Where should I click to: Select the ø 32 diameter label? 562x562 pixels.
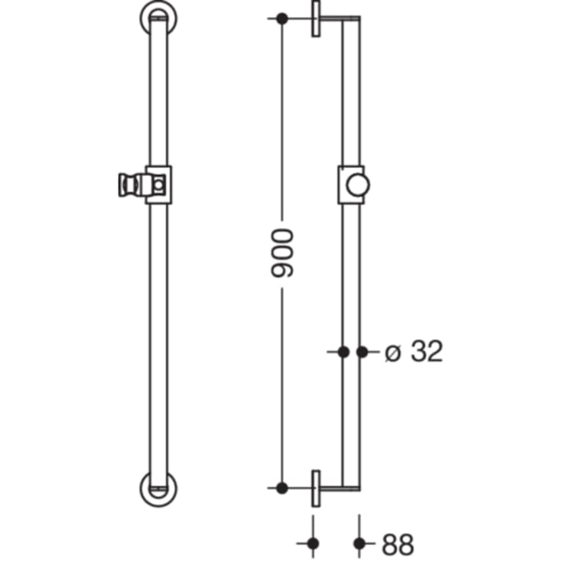(x=414, y=352)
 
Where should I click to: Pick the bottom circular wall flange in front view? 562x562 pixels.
(x=158, y=487)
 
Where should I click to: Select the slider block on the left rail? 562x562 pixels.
(x=158, y=184)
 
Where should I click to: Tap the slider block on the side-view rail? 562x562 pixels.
(x=351, y=184)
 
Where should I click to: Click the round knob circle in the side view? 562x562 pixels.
(x=356, y=185)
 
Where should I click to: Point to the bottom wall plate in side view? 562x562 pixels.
(x=315, y=488)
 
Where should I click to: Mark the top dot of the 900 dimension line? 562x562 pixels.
(x=282, y=18)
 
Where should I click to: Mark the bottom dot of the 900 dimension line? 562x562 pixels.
(x=282, y=487)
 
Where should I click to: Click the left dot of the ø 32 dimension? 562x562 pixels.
(x=343, y=352)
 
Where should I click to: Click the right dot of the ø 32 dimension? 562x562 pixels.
(x=362, y=352)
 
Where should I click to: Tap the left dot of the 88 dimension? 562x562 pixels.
(x=313, y=544)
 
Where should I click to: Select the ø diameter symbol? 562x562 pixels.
(x=392, y=352)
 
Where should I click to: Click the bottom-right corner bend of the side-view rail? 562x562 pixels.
(x=359, y=486)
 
